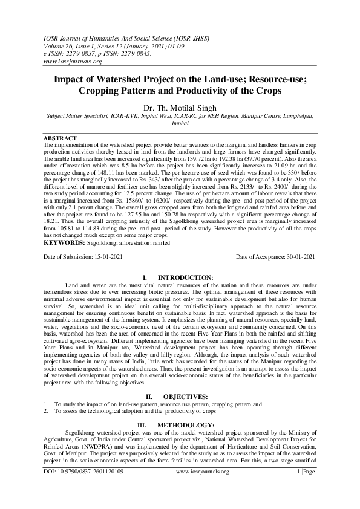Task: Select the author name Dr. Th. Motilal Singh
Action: (x=180, y=108)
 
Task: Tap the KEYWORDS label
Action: (x=64, y=242)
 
